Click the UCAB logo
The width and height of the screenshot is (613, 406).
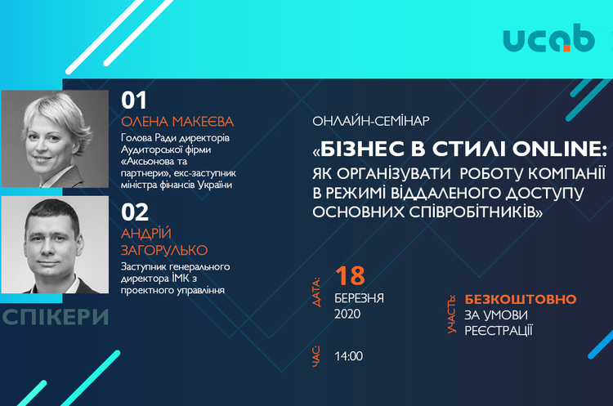[549, 38]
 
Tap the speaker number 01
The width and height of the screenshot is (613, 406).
[134, 100]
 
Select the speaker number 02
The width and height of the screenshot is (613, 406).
[135, 212]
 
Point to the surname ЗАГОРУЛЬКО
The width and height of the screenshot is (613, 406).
[164, 250]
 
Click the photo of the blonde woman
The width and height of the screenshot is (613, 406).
[55, 139]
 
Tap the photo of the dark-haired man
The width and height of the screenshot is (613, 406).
[55, 244]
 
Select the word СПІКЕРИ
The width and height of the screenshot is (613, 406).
[55, 317]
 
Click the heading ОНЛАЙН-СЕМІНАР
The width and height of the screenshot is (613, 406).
[370, 121]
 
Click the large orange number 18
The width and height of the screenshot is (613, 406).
[350, 276]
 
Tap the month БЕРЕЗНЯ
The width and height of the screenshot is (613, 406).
[359, 298]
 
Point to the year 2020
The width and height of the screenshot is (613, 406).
[347, 315]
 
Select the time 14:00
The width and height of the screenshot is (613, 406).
[348, 356]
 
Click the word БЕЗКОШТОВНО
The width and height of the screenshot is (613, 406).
[521, 299]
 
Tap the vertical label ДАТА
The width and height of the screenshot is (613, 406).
[316, 292]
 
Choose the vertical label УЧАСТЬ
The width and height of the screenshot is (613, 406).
[451, 315]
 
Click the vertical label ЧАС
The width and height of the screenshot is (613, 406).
[316, 356]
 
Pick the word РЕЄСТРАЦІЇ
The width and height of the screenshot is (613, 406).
[499, 331]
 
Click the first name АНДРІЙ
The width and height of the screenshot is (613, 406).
[146, 234]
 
